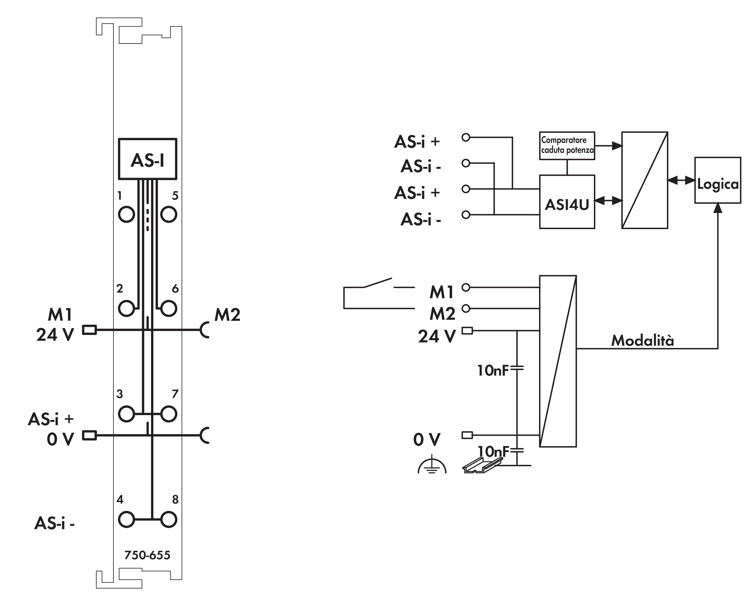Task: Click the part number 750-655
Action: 147,555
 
